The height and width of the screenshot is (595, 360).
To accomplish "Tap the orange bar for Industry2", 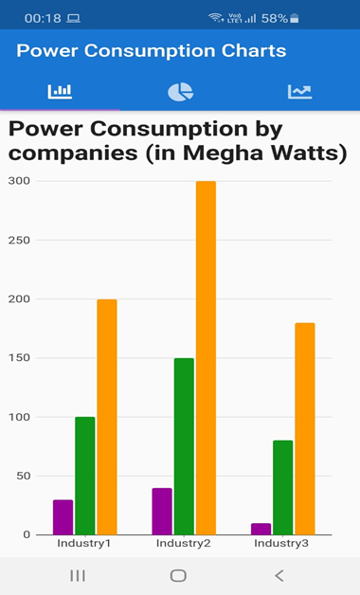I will [x=206, y=357].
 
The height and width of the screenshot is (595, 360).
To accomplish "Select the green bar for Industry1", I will [x=85, y=475].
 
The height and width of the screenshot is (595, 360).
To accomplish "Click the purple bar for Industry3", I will [x=261, y=529].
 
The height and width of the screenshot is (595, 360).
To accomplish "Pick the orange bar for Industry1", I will [x=107, y=417].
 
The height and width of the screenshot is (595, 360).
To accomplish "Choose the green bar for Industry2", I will [x=184, y=445].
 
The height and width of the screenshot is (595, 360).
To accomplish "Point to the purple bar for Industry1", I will [x=63, y=516].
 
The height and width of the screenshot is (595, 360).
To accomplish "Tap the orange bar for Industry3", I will [x=304, y=428].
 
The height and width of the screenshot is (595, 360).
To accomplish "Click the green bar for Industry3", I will [x=282, y=487].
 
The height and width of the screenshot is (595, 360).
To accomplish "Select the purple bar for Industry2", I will [x=162, y=511].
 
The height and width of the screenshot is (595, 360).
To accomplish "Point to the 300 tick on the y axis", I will [x=19, y=181].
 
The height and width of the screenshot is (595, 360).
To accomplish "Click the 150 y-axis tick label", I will [x=19, y=358].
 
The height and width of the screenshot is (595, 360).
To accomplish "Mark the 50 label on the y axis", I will [x=22, y=477].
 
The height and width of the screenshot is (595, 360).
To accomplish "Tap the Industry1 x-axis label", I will [x=84, y=544].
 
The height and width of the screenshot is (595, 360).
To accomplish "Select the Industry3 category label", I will [x=281, y=544].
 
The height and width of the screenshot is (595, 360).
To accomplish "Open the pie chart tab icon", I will [x=180, y=91].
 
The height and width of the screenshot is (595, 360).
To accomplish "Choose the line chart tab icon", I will [x=299, y=91].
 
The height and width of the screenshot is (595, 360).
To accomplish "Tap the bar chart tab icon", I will [x=60, y=91].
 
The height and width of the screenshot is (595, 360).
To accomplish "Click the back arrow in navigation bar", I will [x=279, y=575].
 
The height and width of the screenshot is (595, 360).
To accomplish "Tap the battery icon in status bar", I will [x=295, y=18].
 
